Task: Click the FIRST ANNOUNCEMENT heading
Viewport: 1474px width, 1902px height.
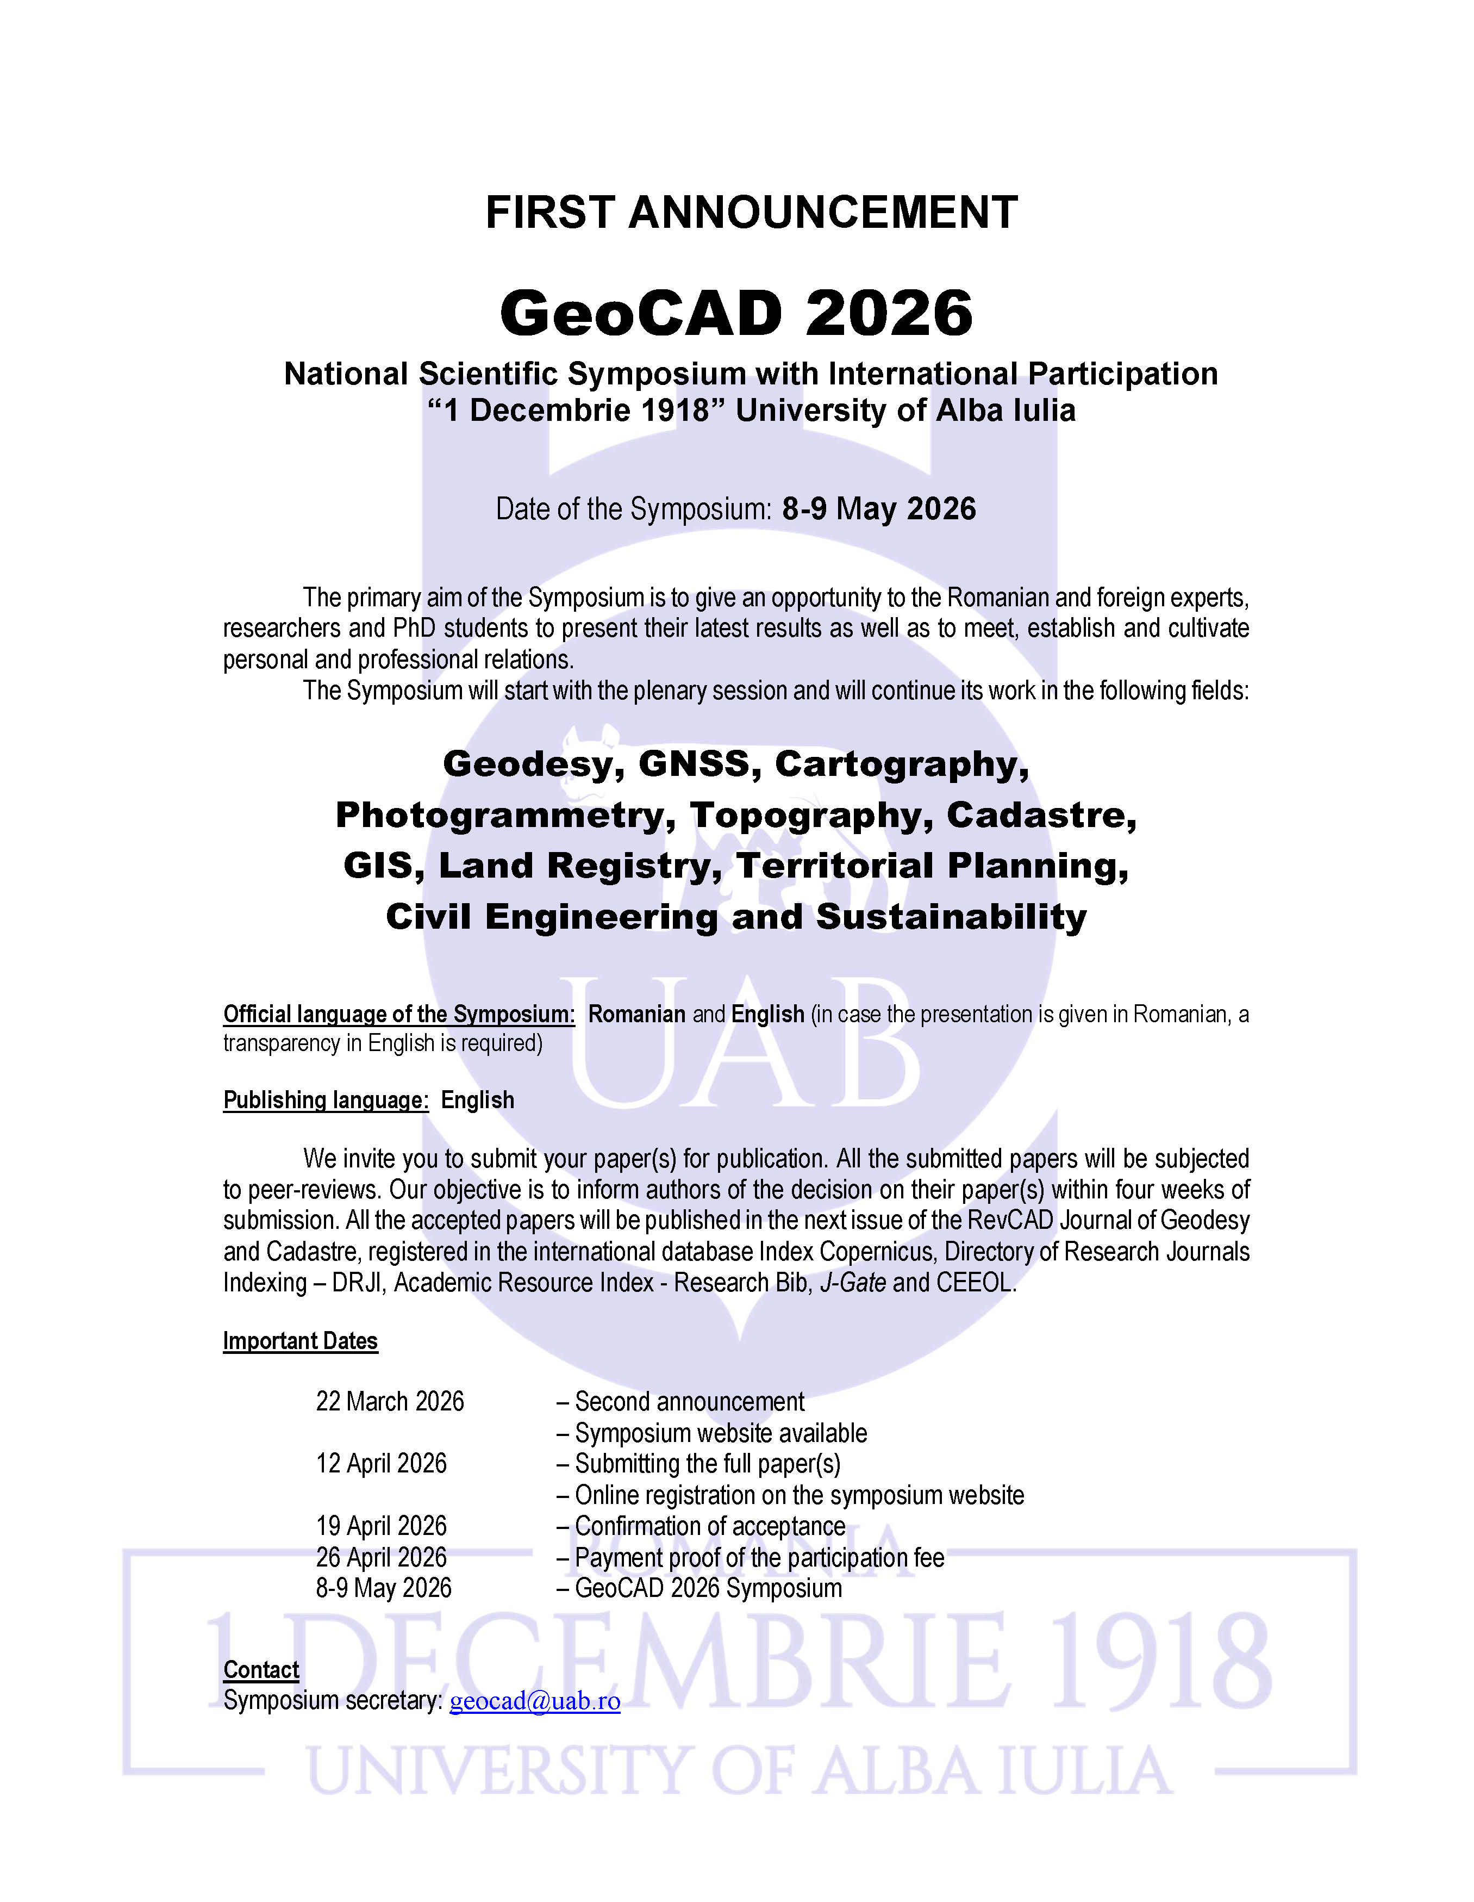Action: (751, 213)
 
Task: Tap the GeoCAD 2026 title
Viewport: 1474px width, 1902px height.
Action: (736, 314)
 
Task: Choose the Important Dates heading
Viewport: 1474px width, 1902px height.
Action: (301, 1341)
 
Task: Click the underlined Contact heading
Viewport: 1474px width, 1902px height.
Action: (261, 1669)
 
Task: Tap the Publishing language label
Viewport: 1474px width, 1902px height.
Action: (326, 1100)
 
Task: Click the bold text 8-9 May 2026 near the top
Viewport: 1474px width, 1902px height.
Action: (879, 508)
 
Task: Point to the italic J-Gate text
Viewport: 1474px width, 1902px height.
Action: (853, 1283)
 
